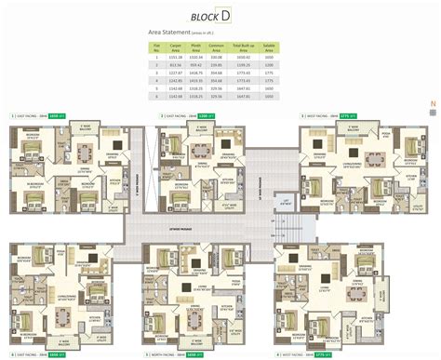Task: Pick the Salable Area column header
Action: (x=268, y=46)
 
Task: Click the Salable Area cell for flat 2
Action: (x=268, y=64)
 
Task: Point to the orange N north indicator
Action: (x=432, y=103)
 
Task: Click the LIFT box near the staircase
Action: (x=287, y=199)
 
